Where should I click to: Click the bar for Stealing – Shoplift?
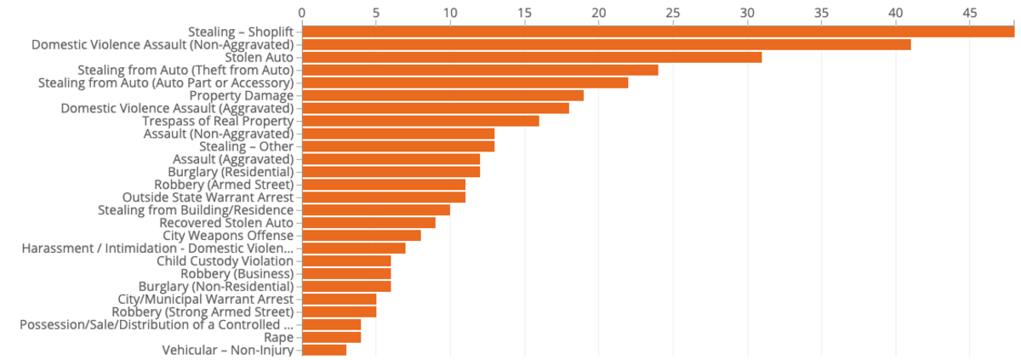coord(659,31)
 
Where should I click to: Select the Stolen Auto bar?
coord(532,57)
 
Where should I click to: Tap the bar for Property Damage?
coord(443,95)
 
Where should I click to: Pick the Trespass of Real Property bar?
coord(420,121)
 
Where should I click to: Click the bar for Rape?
coord(331,338)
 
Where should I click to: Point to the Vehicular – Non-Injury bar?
coord(324,351)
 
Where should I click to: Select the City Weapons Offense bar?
coord(362,236)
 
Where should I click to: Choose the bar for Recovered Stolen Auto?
coord(368,223)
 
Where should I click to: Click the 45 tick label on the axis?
coord(970,13)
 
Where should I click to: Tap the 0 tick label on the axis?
coord(302,13)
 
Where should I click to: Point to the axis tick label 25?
coord(673,13)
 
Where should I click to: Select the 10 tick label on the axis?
coord(450,13)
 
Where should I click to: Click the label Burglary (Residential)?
coord(231,172)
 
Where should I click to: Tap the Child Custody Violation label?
coord(225,261)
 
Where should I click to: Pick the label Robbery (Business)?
coord(237,274)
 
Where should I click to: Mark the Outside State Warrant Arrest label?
coord(208,197)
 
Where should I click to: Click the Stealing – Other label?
coord(247,146)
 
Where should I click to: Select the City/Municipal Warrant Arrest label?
coord(206,300)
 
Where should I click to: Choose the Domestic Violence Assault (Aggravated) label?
coord(177,108)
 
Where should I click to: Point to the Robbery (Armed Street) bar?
coord(384,185)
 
